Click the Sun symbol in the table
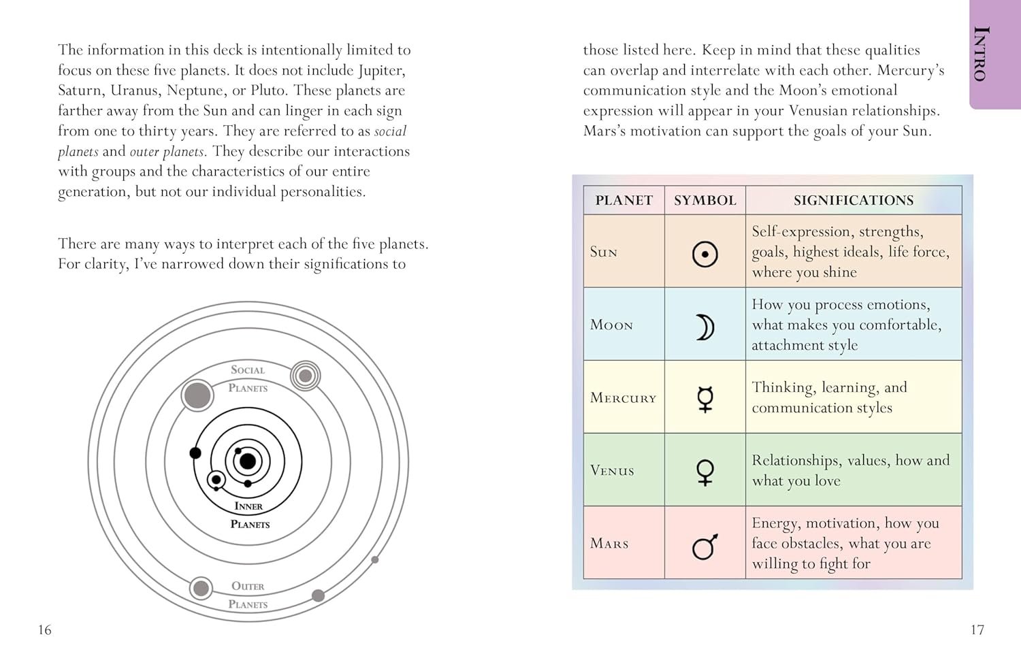coord(705,255)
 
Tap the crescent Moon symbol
coord(705,327)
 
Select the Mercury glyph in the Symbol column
coord(705,399)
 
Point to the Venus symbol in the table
coord(705,472)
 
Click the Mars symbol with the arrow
coord(705,546)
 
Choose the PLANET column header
coord(623,200)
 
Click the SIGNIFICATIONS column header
coord(854,200)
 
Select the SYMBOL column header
coord(705,200)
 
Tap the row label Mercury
coord(623,398)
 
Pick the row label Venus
coord(612,471)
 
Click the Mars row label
coord(609,544)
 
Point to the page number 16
coord(45,630)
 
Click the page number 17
coord(977,630)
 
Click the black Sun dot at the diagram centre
coord(248,461)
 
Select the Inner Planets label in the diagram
coord(249,515)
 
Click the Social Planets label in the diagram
coord(248,378)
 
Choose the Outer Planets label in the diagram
coord(248,595)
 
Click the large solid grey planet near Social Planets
coord(197,395)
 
